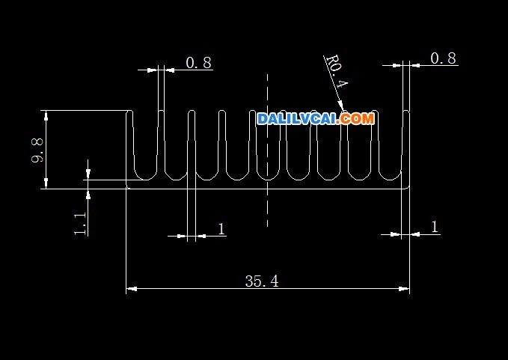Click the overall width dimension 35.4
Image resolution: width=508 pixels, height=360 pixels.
point(262,281)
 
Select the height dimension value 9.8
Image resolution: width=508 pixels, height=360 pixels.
point(37,150)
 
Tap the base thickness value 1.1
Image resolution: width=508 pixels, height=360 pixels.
point(80,224)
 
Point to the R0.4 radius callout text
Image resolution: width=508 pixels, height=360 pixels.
point(337,71)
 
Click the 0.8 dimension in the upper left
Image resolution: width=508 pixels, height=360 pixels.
point(199,63)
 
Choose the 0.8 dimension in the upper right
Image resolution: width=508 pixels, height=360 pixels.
point(443,58)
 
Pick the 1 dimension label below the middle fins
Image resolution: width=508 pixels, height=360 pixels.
point(221,229)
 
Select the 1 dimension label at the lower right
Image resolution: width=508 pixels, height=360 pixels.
point(435,227)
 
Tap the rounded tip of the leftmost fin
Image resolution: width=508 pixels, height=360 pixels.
point(129,111)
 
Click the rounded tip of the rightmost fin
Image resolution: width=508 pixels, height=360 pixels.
point(406,111)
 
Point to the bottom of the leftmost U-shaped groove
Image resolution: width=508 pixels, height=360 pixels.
point(146,180)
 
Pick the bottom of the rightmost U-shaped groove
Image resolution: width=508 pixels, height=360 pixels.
point(391,180)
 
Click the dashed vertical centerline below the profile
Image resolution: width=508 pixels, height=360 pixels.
point(267,208)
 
